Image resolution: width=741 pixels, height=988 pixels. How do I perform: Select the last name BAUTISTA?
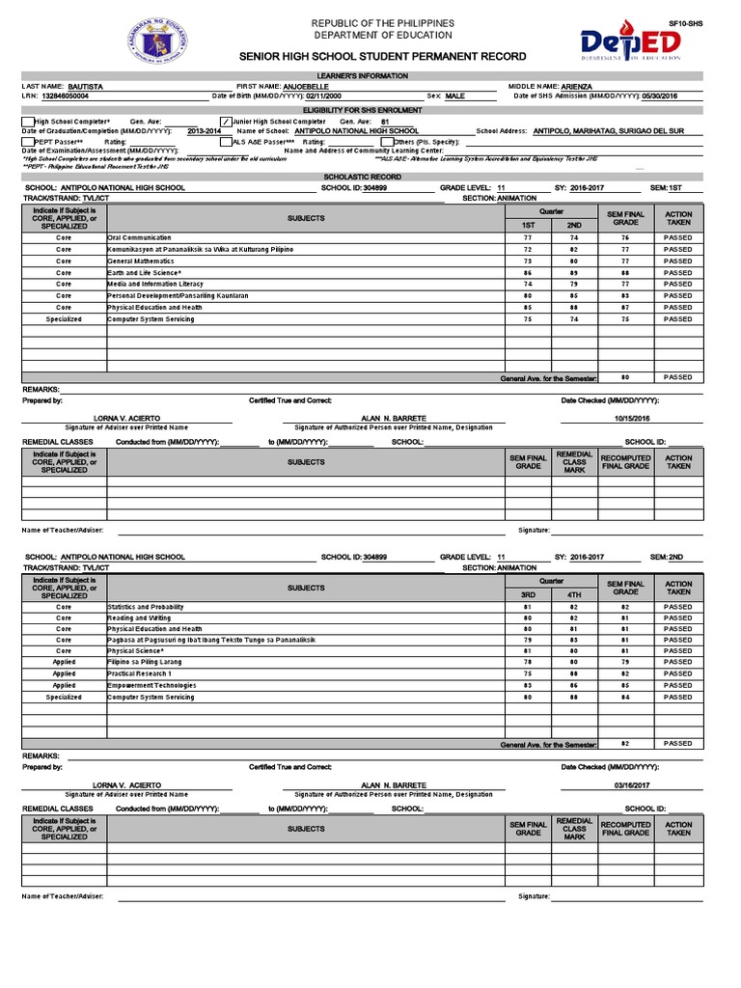tap(86, 87)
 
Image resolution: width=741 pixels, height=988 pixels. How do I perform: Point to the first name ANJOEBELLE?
tap(306, 87)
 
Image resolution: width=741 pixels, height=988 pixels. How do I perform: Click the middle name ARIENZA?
tap(571, 87)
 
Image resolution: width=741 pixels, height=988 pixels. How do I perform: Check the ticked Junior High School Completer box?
tap(225, 122)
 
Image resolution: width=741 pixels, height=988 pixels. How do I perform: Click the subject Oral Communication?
tap(139, 237)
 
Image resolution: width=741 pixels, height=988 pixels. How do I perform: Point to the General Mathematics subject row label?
tap(140, 261)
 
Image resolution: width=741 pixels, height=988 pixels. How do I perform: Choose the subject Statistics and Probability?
tap(146, 607)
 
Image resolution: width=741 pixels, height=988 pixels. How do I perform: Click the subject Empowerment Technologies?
tap(151, 685)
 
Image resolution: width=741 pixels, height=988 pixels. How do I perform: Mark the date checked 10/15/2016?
tap(633, 418)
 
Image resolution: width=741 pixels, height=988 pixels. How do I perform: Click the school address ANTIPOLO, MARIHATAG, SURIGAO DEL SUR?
tap(608, 130)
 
